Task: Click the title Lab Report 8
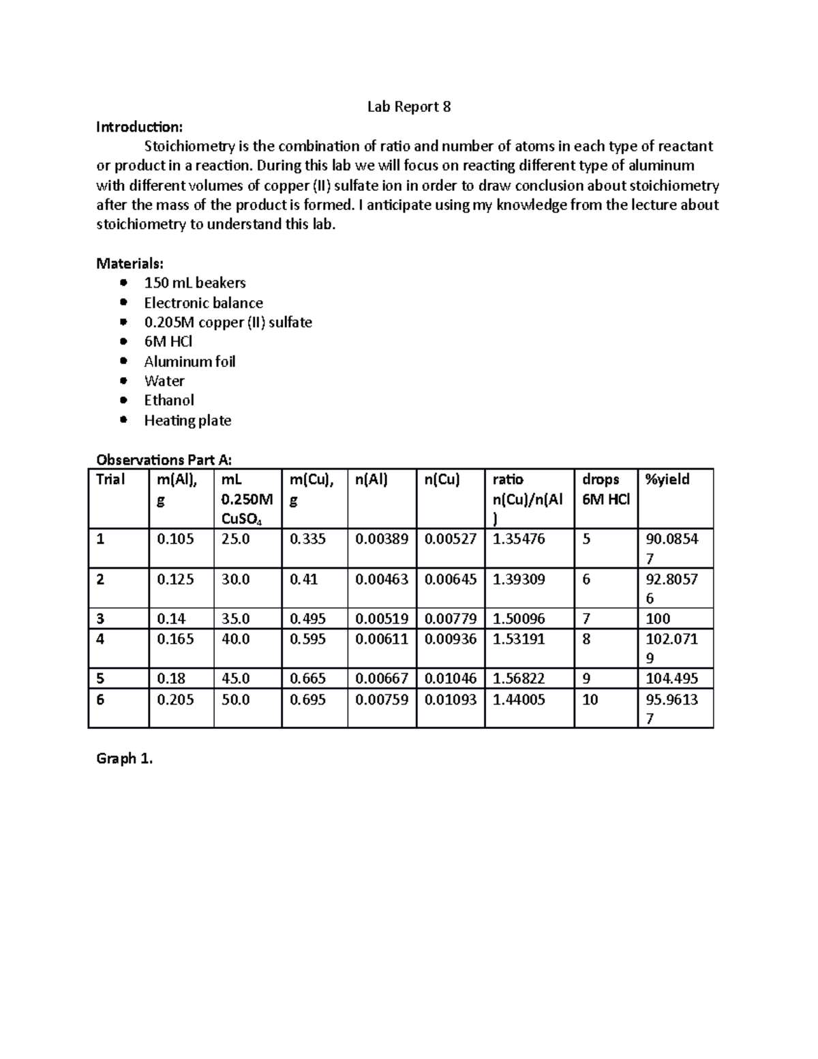408,107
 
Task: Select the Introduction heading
139,127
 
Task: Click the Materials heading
130,263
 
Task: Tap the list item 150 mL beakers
194,283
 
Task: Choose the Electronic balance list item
203,303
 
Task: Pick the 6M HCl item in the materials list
168,342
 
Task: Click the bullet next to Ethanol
123,400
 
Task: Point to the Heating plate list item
187,421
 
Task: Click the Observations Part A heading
168,460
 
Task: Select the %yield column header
667,479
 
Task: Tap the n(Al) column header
371,479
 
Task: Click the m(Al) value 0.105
175,539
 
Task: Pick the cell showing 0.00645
450,579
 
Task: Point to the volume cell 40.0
235,639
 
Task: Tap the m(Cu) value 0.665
307,678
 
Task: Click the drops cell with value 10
590,700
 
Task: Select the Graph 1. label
125,759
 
